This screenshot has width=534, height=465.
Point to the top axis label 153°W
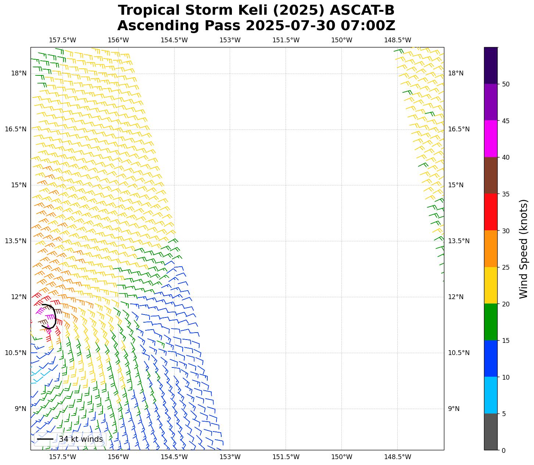click(x=230, y=40)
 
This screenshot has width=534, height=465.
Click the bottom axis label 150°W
click(x=341, y=457)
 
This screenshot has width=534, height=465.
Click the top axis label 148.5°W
click(x=397, y=40)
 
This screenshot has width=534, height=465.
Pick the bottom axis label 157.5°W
click(x=62, y=457)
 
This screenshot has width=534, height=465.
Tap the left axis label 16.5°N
click(x=15, y=129)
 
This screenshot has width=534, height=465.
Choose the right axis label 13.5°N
click(x=459, y=241)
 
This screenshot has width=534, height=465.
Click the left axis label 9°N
click(x=20, y=409)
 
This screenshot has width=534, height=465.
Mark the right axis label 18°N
click(x=456, y=73)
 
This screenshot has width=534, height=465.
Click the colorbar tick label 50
click(x=506, y=84)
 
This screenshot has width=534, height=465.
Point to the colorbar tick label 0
click(x=504, y=450)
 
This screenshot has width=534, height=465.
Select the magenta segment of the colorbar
click(x=490, y=139)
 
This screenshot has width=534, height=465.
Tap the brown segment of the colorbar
click(x=490, y=175)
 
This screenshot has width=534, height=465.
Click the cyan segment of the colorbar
click(x=490, y=395)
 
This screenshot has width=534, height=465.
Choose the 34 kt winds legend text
click(x=81, y=439)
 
